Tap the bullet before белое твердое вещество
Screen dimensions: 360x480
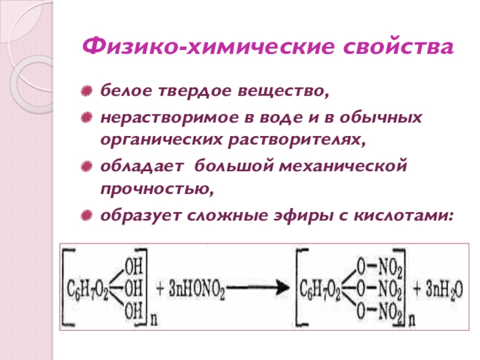[x=88, y=93]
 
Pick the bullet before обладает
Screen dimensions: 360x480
[x=88, y=164]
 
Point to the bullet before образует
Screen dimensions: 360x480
[x=88, y=214]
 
